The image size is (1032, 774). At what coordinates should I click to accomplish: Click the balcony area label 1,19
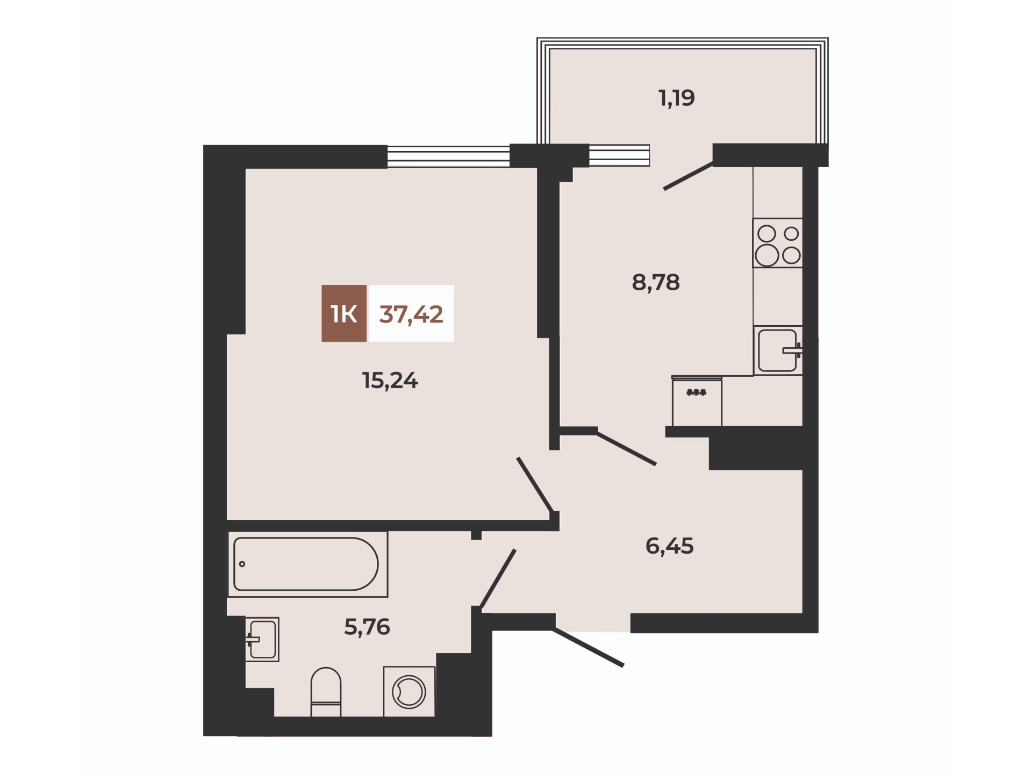coord(677,98)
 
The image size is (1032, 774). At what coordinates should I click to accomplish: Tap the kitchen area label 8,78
coord(656,282)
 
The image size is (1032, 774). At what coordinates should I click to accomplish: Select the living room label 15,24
coord(390,381)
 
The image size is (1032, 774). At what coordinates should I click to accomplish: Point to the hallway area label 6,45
coord(670,546)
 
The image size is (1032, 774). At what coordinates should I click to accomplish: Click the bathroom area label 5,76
coord(367,627)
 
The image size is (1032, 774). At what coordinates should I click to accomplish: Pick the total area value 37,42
coord(411,314)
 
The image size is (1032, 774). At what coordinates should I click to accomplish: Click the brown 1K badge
coord(344,313)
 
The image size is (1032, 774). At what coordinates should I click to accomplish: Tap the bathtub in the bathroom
coord(307,564)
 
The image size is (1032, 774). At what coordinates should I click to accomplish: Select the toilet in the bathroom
coord(326,692)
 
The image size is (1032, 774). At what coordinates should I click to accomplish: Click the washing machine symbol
coord(409,692)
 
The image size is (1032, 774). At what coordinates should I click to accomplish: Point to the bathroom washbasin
coord(262,639)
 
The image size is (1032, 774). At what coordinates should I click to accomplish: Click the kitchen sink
coord(778,350)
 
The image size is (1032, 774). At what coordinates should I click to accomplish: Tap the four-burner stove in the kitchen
coord(778,243)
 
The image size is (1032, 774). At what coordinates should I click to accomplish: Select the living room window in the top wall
coord(448,156)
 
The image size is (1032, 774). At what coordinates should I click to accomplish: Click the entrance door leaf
coord(589,648)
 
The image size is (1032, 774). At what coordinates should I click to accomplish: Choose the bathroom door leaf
coord(498,578)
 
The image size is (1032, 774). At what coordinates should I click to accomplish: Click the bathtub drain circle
coord(242,564)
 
